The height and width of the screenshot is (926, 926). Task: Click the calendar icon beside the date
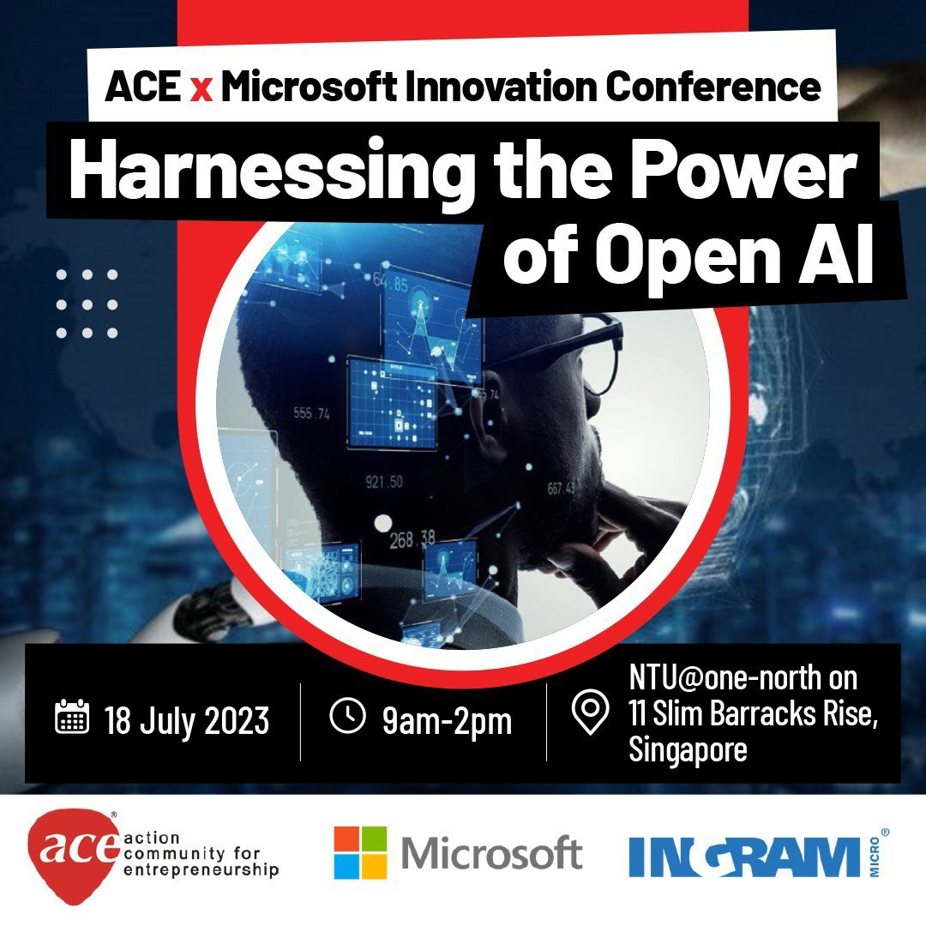(72, 716)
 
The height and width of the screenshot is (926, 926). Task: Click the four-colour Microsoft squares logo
(360, 852)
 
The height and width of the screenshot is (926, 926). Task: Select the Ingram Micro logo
(759, 855)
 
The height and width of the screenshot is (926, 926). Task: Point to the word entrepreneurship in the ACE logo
(201, 870)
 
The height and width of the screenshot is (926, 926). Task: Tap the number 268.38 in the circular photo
(412, 538)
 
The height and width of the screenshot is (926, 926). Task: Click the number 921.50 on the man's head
(384, 482)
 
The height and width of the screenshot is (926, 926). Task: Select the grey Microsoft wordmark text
(492, 853)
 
